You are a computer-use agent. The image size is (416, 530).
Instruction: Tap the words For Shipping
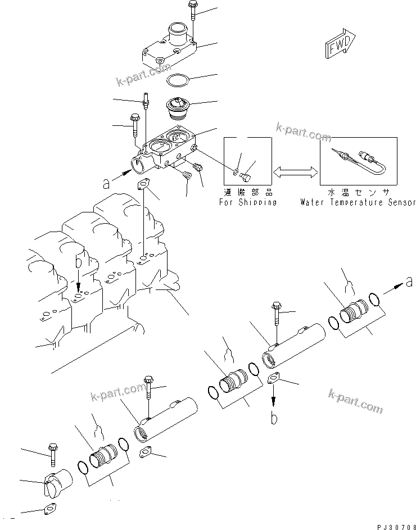[x=247, y=202]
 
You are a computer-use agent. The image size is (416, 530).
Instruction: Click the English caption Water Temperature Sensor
[x=358, y=202]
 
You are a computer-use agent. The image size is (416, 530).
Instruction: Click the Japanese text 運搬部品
[x=247, y=192]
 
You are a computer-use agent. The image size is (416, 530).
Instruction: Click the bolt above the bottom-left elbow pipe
[x=52, y=452]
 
